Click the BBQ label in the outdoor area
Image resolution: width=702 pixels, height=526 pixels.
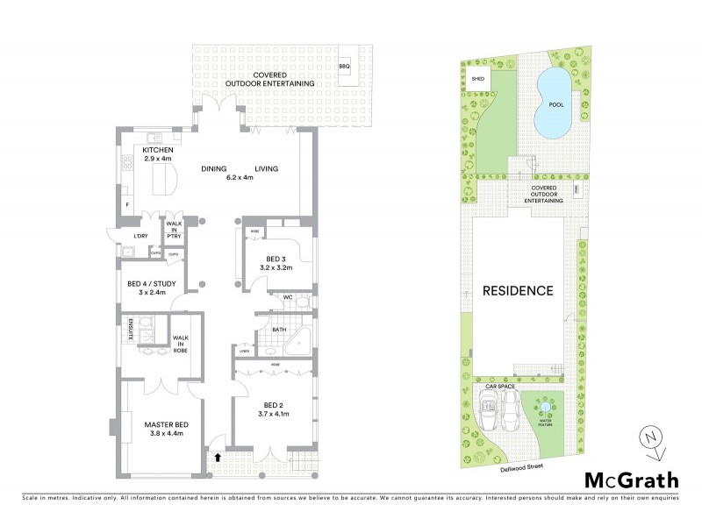344,66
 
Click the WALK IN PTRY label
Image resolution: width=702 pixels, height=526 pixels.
175,230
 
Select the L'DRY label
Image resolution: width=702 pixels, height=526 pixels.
140,237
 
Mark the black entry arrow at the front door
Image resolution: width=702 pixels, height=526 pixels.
218,457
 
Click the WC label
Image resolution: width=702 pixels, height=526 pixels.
287,298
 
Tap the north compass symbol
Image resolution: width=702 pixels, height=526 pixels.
651,439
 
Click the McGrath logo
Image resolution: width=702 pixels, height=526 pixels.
631,480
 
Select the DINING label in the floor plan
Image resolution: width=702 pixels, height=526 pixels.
213,169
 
